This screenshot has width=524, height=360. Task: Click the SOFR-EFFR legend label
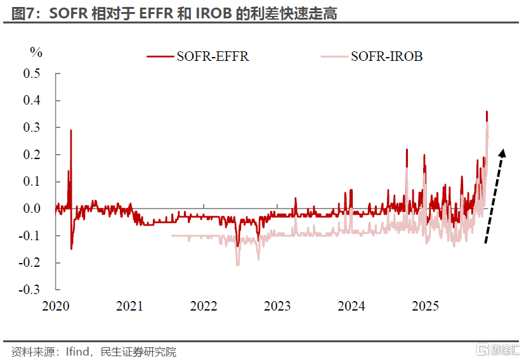pos(213,56)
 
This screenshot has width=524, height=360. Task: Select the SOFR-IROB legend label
pos(386,56)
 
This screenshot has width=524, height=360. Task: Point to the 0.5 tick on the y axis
pos(32,74)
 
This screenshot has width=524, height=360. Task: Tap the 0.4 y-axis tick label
pos(32,101)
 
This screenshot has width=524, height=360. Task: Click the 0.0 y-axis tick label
pos(32,209)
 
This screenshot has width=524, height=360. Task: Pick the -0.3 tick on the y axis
pos(30,290)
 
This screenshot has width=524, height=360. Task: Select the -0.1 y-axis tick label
pos(30,236)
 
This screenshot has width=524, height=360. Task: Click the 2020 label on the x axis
pos(55,306)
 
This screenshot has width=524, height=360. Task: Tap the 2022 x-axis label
pos(204,306)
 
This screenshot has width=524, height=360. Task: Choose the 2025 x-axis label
pos(426,306)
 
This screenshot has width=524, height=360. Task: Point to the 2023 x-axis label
pos(277,306)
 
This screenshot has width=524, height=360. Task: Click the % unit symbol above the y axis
pos(36,51)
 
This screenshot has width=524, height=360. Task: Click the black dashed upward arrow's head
pos(502,152)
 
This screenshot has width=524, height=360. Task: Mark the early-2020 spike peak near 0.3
pos(70,131)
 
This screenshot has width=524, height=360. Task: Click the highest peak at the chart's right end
pos(487,112)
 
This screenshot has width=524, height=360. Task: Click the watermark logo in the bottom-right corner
pos(498,350)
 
